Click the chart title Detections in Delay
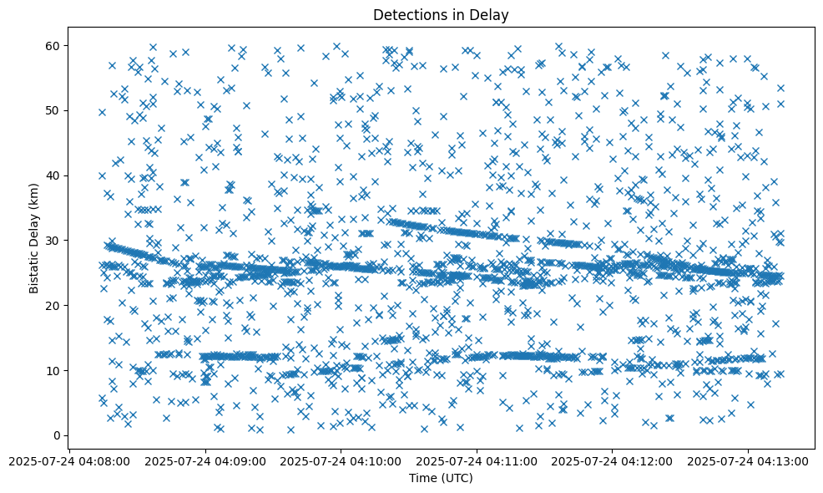[441, 14]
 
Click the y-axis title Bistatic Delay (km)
[34, 237]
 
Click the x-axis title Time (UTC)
[441, 478]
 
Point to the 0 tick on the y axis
[58, 435]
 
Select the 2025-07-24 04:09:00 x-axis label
[206, 460]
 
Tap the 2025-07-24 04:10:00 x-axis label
[341, 460]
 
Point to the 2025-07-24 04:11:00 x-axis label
[477, 460]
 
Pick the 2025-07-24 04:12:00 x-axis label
[613, 460]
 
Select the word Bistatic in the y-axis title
[34, 268]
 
